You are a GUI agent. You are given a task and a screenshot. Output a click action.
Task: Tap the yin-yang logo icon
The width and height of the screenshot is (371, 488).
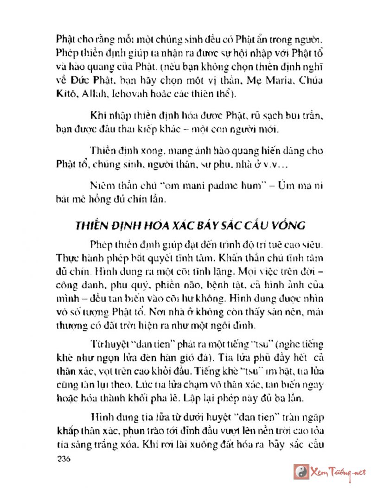301,472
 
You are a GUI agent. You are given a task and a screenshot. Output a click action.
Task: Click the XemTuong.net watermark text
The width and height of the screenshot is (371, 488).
337,472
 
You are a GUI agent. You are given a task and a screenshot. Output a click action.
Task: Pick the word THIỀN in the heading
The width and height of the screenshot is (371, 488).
92,226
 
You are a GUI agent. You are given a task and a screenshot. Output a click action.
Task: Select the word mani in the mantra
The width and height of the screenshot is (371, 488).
185,186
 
